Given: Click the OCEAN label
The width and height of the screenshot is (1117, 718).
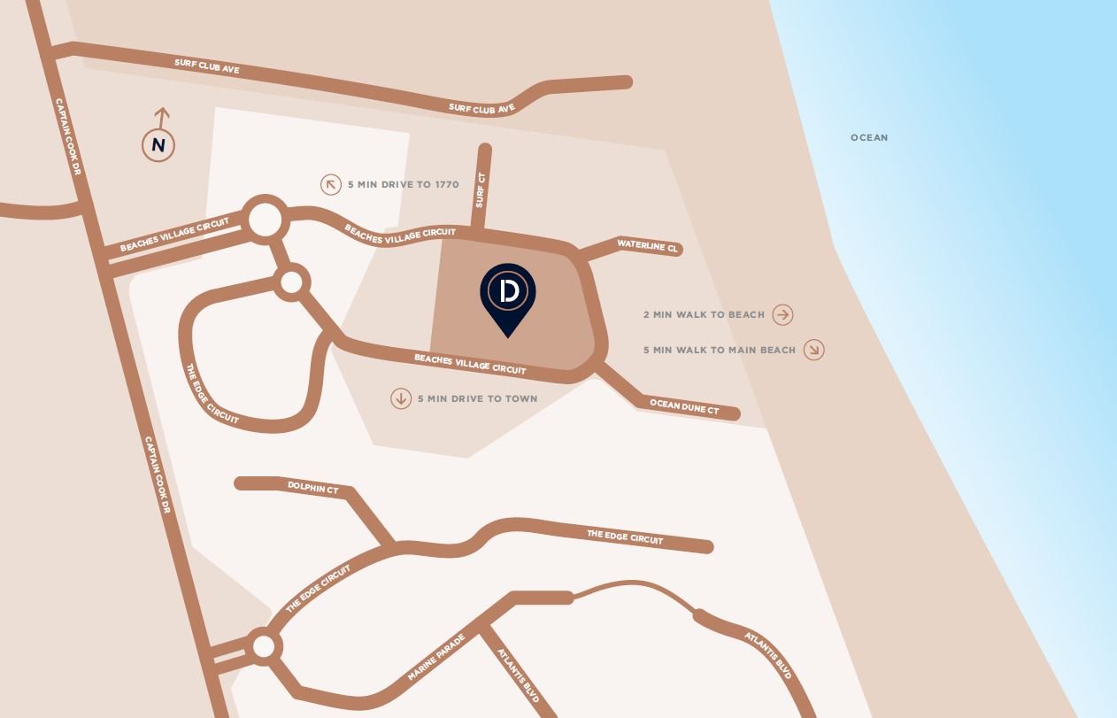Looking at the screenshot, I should [x=868, y=137].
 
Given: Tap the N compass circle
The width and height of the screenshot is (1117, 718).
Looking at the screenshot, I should [x=158, y=145].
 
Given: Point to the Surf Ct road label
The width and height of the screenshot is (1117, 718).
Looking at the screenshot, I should [x=481, y=189].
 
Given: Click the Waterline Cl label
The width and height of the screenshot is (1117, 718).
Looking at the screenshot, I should [x=647, y=245].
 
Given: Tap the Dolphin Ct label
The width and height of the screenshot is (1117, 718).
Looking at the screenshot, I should [x=312, y=487].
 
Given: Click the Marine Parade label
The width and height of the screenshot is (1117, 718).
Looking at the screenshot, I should [x=436, y=657].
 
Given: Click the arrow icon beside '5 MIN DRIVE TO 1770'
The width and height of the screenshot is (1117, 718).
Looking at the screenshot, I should [x=331, y=184].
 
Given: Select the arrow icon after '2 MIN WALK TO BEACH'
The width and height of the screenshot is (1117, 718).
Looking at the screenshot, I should [x=782, y=314].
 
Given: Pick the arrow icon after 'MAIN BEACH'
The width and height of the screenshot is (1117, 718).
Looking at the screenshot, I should [x=813, y=350].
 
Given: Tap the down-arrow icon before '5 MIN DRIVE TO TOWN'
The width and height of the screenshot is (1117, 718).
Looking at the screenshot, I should [x=401, y=398].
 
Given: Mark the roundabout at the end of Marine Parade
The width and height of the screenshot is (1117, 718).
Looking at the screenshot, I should [x=263, y=646].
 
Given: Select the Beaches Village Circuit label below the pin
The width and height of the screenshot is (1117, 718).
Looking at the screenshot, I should [x=470, y=364].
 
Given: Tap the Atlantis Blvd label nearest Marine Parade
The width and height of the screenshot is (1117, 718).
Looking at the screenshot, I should [x=518, y=676].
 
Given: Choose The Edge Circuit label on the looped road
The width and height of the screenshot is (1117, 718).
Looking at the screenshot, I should [x=212, y=395].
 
